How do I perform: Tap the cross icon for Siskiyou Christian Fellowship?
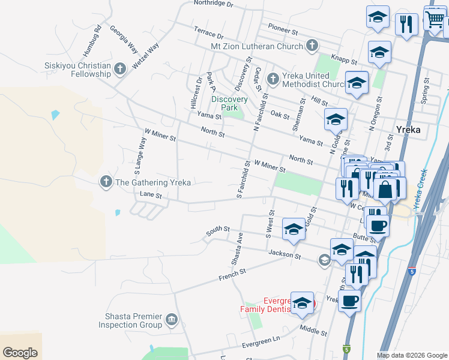click(120, 69)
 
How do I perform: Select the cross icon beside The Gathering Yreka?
click(106, 182)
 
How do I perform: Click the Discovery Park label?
click(229, 103)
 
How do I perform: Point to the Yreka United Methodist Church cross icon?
click(273, 79)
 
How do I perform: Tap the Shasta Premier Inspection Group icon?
click(172, 318)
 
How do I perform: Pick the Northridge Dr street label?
click(212, 3)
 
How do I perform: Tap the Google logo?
click(20, 353)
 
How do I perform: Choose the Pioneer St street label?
click(283, 28)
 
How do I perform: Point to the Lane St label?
click(151, 195)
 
